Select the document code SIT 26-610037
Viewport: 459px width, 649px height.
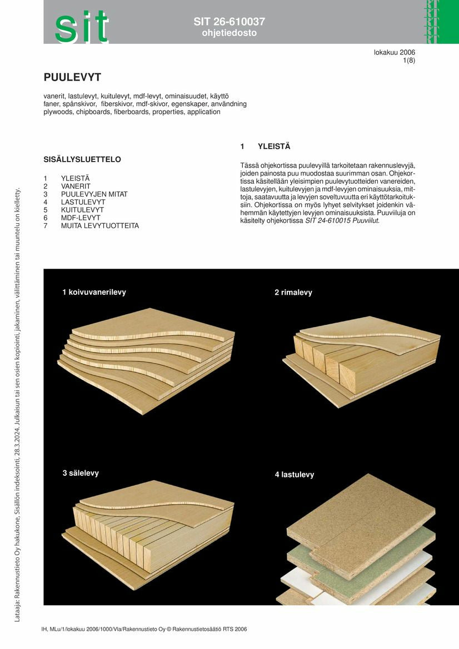(229, 22)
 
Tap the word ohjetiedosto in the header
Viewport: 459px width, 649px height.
(229, 33)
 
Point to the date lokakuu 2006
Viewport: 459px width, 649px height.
(395, 53)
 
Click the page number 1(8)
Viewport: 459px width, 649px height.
(409, 61)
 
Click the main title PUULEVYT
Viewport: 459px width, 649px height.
(72, 77)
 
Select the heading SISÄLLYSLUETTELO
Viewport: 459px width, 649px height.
(82, 159)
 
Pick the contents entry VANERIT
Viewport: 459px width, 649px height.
(76, 186)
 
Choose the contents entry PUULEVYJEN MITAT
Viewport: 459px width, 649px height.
(94, 194)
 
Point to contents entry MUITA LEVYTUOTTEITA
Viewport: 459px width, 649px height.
(100, 226)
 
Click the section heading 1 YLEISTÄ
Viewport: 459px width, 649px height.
(265, 147)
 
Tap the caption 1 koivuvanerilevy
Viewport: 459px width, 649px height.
(94, 292)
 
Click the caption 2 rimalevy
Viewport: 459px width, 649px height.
(293, 293)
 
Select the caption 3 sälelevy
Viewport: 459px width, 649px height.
(81, 473)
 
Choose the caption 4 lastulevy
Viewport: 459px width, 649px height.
(295, 475)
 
